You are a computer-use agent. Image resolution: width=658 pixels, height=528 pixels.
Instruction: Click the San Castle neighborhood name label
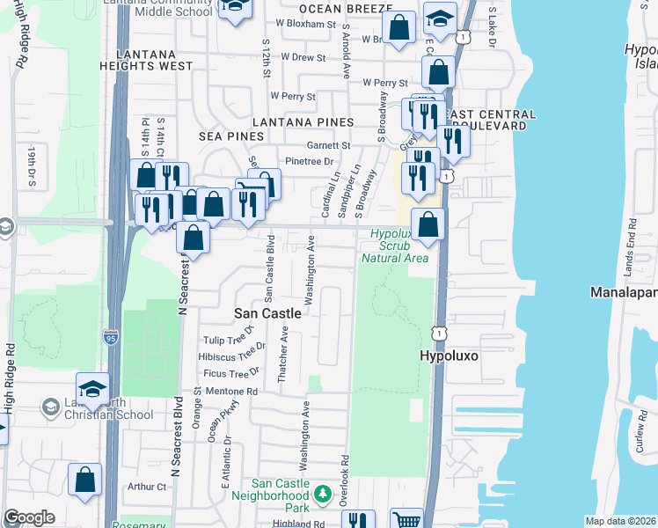pos(267,313)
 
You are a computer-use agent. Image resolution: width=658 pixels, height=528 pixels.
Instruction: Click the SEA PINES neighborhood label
pos(232,136)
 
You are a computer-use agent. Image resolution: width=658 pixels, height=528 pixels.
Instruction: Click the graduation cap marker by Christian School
pos(92,388)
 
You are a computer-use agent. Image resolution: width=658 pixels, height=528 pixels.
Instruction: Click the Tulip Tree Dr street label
pos(228,341)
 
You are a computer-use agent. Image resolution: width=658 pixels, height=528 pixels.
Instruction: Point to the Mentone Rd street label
pos(227,392)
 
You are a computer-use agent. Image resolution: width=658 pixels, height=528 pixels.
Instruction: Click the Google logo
pos(29,517)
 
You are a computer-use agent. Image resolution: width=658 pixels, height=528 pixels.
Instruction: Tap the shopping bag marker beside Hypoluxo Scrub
pos(428,225)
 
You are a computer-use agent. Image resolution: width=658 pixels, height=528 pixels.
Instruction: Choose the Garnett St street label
pos(328,145)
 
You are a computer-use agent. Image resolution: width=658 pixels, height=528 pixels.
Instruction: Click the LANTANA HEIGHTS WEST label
pos(153,60)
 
